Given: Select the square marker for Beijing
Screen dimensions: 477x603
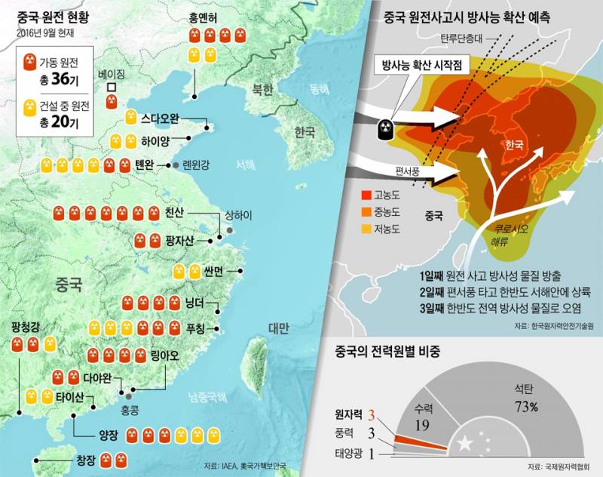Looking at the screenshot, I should [x=112, y=88].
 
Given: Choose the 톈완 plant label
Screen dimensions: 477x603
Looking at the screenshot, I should [x=145, y=165].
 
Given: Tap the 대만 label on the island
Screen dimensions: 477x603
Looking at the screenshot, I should [x=278, y=328].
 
